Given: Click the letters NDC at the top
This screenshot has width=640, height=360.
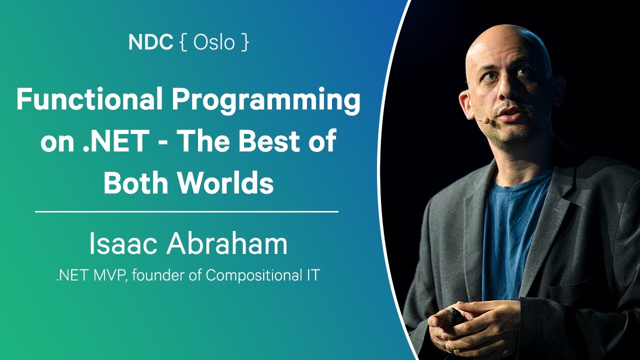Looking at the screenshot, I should click(150, 42).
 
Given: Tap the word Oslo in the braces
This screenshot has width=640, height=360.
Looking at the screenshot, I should click(214, 42).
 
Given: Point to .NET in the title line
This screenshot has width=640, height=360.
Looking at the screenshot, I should click(121, 142).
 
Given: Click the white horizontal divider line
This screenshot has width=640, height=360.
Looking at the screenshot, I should click(186, 212).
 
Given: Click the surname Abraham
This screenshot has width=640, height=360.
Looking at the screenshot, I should click(227, 244).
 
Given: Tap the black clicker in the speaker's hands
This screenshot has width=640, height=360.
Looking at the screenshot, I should click(457, 316).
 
